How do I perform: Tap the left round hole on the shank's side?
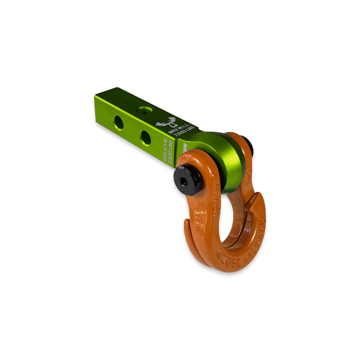point(119,121)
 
